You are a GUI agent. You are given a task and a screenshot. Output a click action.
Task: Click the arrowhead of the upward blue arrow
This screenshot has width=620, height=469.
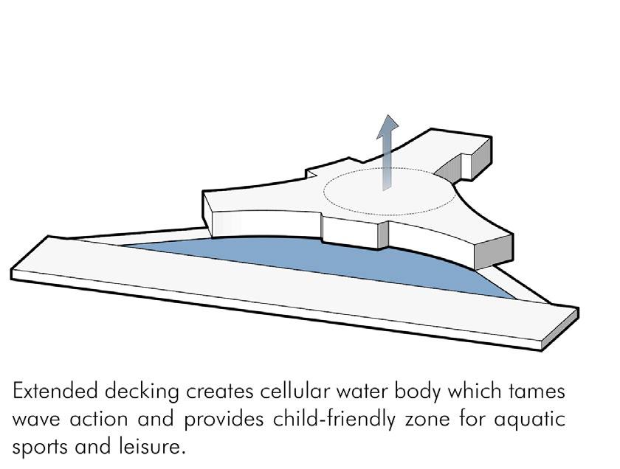point(384,126)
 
